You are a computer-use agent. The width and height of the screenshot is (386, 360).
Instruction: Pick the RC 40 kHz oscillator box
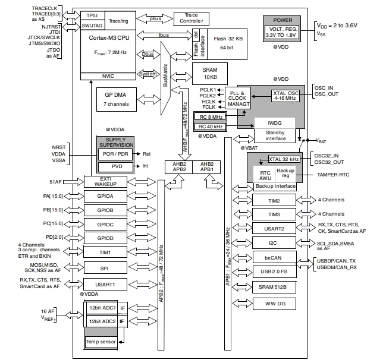(x=210, y=126)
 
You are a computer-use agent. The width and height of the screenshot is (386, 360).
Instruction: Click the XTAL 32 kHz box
(x=284, y=159)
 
